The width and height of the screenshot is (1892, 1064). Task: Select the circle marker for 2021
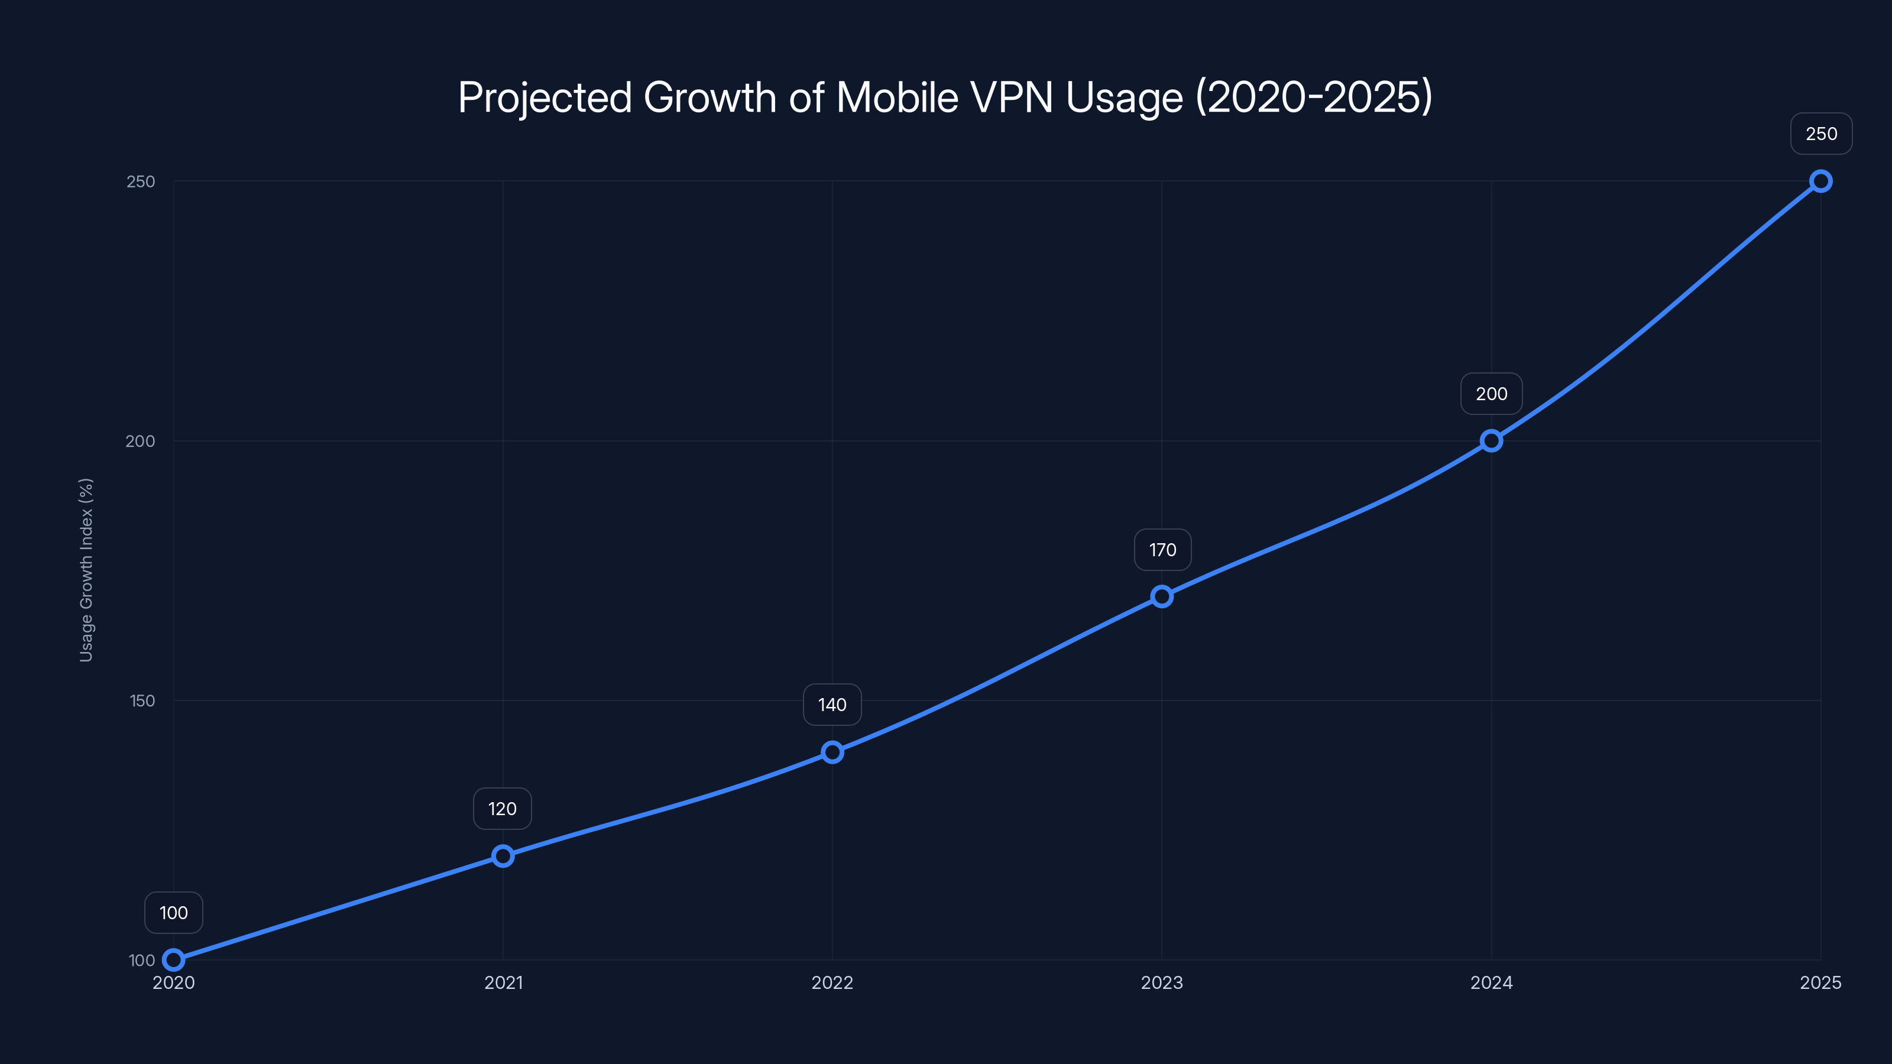point(503,855)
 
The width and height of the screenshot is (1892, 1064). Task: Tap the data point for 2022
point(832,751)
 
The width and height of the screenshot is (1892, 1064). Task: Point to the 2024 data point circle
point(1491,440)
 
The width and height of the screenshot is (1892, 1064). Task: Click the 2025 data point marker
point(1820,181)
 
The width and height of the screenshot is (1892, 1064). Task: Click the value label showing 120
point(503,809)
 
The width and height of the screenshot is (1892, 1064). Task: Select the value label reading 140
point(832,705)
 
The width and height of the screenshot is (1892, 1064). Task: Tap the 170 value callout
point(1162,549)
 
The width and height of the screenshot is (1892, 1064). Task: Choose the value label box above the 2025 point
point(1821,134)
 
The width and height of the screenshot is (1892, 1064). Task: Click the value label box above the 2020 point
point(173,913)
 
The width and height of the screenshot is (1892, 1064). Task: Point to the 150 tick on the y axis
point(142,700)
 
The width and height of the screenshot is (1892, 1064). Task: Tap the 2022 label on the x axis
point(832,982)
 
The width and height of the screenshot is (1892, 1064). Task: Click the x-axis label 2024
point(1491,982)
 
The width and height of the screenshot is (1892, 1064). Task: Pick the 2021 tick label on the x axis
point(503,982)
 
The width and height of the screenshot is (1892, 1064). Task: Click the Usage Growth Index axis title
point(86,570)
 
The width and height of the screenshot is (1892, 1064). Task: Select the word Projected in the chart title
point(544,98)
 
